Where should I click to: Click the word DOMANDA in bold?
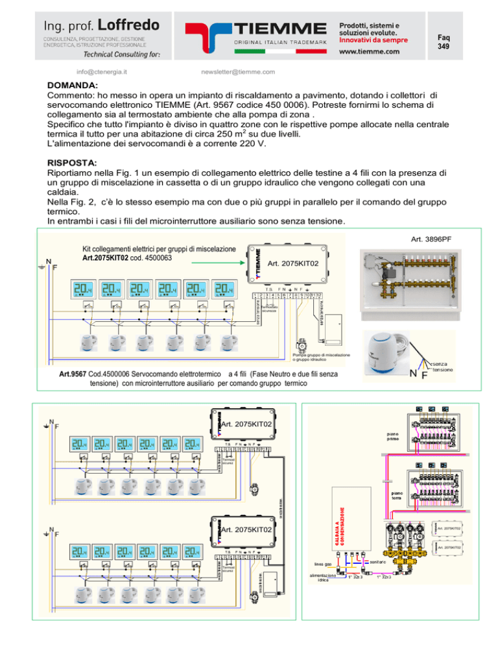[x=73, y=85]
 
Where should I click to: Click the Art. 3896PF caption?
[x=447, y=239]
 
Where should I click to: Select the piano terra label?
[x=396, y=496]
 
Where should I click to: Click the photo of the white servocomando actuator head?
[x=388, y=345]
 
